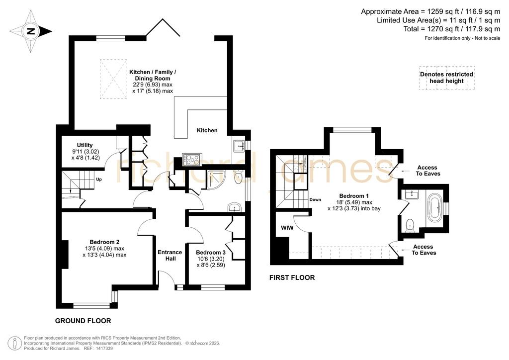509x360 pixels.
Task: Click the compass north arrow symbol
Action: pos(31,31)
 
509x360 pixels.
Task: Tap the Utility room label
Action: pos(85,145)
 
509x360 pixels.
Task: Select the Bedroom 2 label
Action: pos(104,242)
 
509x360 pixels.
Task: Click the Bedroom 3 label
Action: pos(211,253)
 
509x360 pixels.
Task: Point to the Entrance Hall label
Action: pos(170,255)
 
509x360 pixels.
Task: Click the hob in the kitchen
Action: pos(192,159)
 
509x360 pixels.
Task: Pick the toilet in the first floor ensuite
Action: pos(410,225)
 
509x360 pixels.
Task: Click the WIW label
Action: pos(287,228)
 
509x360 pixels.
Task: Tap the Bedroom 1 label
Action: pos(354,196)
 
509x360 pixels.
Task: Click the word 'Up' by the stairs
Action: pos(99,179)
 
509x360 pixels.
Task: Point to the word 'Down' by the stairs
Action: pos(315,199)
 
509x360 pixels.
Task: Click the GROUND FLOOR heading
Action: pos(83,321)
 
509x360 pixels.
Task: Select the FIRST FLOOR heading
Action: pos(292,277)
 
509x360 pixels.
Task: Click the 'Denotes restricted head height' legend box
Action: pos(447,78)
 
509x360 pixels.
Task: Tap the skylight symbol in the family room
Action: pos(113,79)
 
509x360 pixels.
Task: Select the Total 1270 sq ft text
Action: pos(452,29)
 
